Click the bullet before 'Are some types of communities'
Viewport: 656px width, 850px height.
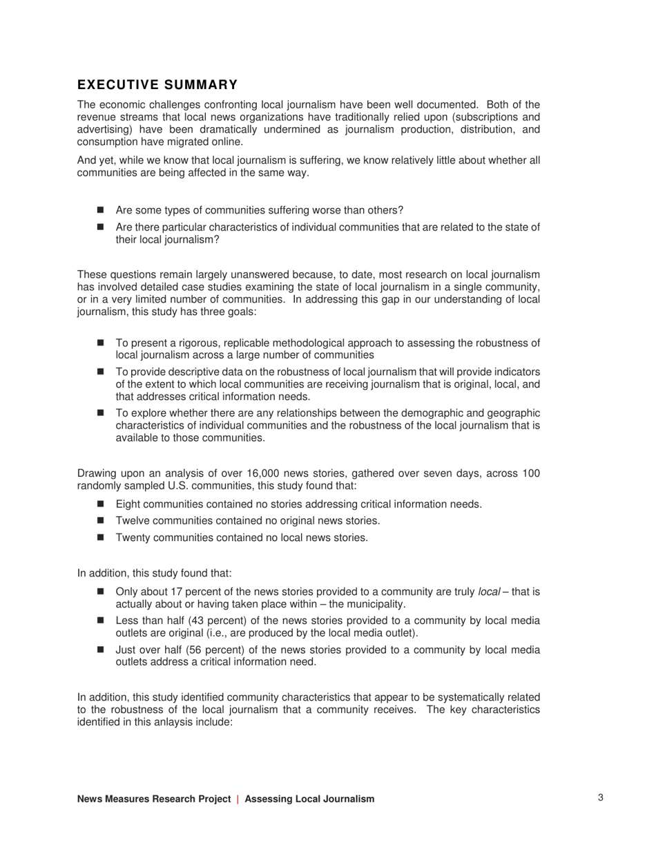(102, 210)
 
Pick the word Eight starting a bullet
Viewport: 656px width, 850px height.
(128, 504)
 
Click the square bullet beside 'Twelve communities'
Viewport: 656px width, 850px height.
(102, 520)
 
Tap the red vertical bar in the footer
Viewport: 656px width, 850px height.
(238, 799)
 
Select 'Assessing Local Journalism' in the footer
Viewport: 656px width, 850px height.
(309, 799)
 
